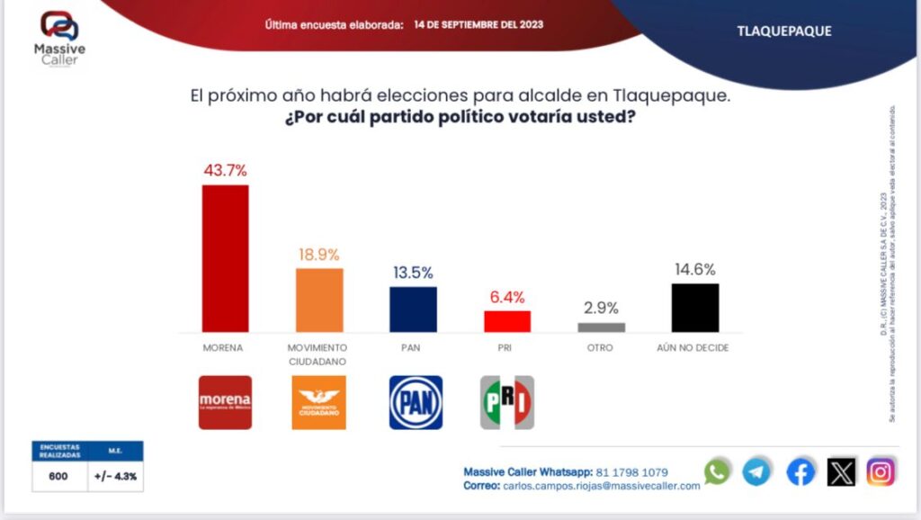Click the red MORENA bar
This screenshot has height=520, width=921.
pos(225,258)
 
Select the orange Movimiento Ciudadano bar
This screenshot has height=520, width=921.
pos(319,300)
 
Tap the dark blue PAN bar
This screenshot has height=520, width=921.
pos(413,309)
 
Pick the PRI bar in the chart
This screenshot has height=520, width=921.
pos(507,321)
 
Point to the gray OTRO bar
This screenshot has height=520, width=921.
pos(601,327)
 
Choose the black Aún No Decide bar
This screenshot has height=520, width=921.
pos(695,308)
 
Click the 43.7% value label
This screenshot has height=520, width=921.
pos(225,170)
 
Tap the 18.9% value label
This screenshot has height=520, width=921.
pos(319,255)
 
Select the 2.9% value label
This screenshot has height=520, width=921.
pos(601,308)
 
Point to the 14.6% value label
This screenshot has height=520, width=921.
pos(695,269)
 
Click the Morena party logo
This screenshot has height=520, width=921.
pos(225,402)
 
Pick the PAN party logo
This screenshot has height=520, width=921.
pos(416,402)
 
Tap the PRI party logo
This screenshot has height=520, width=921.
pos(507,402)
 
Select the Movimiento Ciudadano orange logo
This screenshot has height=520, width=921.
pos(319,402)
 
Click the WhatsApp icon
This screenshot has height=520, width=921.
pos(717,471)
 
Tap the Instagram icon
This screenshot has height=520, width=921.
pos(881,471)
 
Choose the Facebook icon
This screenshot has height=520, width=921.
pos(800,471)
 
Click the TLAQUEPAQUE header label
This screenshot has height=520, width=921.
pos(784,31)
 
